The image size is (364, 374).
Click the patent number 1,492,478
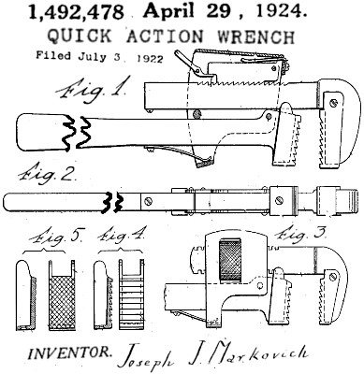tap(76, 13)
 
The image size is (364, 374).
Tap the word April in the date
tap(168, 12)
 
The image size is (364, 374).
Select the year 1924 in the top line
tap(279, 11)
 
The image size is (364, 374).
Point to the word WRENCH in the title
tap(256, 36)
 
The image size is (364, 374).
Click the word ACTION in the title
tap(165, 36)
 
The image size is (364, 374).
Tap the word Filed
tap(53, 55)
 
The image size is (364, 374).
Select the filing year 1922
tap(150, 59)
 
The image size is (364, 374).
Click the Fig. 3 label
tap(301, 236)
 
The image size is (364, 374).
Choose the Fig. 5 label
tap(57, 237)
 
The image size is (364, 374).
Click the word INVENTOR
tap(70, 352)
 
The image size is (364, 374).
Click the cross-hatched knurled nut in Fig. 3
tap(230, 261)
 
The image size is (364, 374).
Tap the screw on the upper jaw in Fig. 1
tap(334, 102)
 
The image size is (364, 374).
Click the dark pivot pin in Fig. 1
tap(197, 113)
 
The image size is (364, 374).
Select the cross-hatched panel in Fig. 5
tap(63, 302)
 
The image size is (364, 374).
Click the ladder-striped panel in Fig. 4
tap(131, 302)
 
